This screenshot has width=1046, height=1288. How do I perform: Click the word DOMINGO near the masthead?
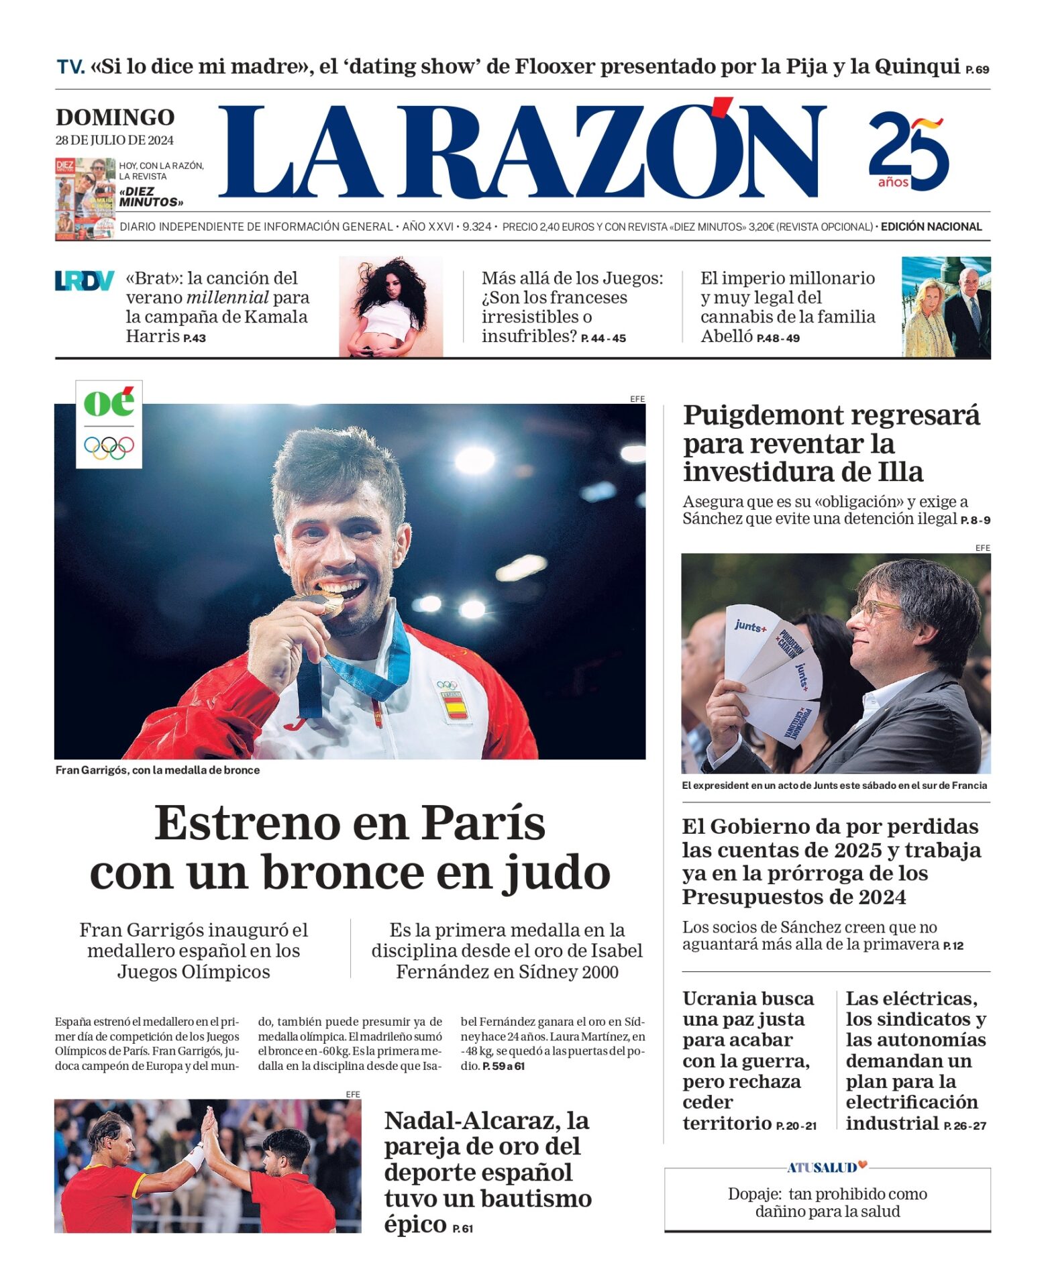(x=115, y=117)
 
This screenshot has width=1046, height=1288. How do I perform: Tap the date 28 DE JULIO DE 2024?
(x=114, y=140)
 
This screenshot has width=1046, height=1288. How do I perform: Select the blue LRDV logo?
(x=84, y=280)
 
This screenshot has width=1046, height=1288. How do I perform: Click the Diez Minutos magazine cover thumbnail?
(x=85, y=198)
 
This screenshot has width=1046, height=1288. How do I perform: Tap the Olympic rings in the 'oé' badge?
(x=109, y=447)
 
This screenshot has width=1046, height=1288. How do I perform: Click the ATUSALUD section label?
(x=822, y=1167)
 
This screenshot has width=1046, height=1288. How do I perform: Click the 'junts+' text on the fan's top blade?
(x=749, y=626)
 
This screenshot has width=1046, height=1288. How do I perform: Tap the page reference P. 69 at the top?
(x=977, y=69)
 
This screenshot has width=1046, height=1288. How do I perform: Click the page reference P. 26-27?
(x=965, y=1126)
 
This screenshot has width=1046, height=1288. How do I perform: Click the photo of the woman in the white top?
(x=390, y=307)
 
